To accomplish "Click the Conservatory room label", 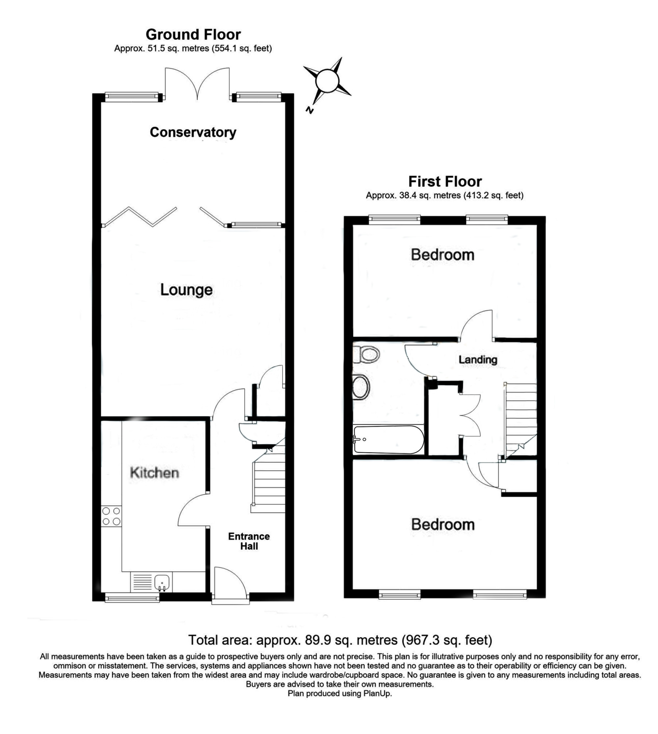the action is click(x=193, y=132).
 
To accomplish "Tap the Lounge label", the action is click(x=186, y=290).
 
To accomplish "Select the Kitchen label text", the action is click(x=154, y=473).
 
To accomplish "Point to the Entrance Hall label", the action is click(x=249, y=541).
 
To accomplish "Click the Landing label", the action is click(x=478, y=359).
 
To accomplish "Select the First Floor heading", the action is click(x=445, y=182).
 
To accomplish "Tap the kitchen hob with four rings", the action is click(x=111, y=516).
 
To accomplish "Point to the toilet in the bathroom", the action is click(x=366, y=355).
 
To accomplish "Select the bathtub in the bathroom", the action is click(x=389, y=439).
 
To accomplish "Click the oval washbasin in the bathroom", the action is click(x=361, y=387).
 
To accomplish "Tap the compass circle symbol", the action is click(x=327, y=81).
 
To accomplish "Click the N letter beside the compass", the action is click(x=309, y=110).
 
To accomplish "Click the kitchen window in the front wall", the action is click(x=132, y=599).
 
